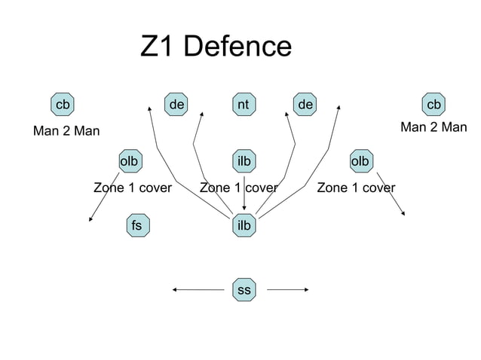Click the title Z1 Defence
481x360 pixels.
216,47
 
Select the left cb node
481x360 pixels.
62,103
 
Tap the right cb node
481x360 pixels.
433,103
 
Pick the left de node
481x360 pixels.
177,103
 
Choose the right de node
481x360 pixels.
305,103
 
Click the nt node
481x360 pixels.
243,103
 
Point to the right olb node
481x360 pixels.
360,161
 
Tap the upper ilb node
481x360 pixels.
244,161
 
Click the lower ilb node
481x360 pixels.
244,224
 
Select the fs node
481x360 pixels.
136,224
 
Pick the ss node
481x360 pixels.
244,289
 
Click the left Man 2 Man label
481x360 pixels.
67,132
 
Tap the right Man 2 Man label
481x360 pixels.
434,127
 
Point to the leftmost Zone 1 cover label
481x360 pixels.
132,187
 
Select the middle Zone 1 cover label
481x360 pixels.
238,187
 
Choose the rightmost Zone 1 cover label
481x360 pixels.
356,187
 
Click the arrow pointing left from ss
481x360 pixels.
200,288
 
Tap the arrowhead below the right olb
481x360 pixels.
403,213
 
